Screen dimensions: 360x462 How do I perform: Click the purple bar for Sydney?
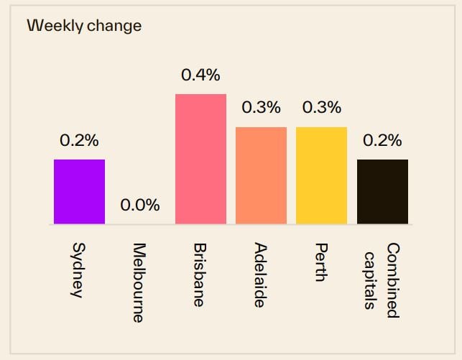[x=79, y=191]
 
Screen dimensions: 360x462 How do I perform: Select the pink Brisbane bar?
[x=200, y=159]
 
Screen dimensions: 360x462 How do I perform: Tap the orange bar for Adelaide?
[x=261, y=175]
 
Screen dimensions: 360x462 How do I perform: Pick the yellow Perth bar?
[x=321, y=175]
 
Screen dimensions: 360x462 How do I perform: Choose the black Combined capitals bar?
[x=382, y=191]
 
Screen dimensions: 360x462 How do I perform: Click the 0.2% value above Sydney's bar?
[x=79, y=141]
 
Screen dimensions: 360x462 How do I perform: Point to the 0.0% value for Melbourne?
[x=139, y=206]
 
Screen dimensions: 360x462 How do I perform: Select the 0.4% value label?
[x=200, y=75]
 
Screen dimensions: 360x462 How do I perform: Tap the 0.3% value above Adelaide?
[x=261, y=109]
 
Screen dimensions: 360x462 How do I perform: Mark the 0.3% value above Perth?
[x=321, y=109]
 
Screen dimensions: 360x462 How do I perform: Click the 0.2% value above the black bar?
[x=382, y=141]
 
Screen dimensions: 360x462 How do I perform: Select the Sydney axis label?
[x=78, y=270]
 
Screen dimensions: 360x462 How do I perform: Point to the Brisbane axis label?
[x=200, y=274]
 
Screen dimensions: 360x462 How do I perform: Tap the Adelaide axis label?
[x=260, y=274]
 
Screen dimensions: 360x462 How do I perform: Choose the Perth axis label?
[x=321, y=263]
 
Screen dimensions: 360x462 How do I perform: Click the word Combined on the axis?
[x=392, y=280]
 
